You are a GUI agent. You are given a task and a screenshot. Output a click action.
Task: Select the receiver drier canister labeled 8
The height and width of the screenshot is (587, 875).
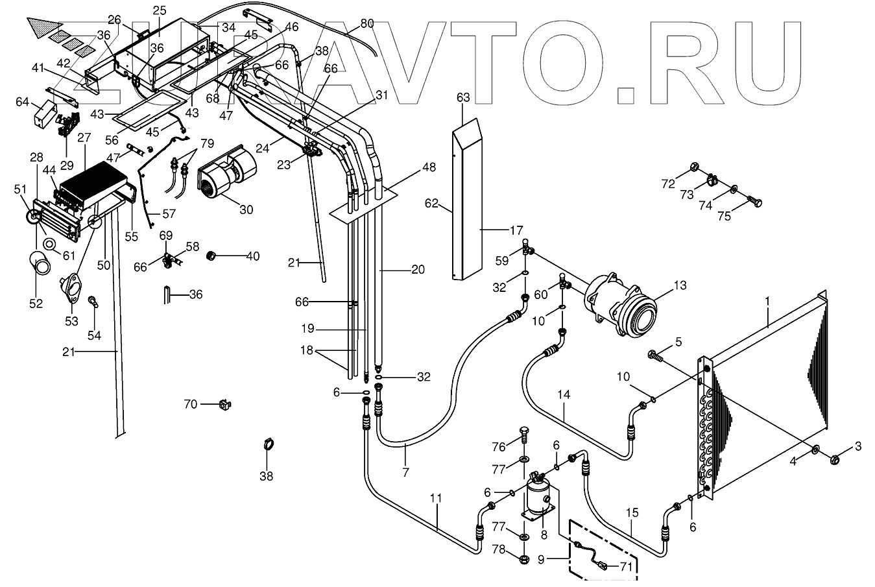click(537, 498)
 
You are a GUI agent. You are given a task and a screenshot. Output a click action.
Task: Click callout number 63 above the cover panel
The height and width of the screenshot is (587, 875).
click(462, 98)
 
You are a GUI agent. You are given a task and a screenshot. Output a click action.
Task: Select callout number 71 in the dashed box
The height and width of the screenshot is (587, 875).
click(625, 566)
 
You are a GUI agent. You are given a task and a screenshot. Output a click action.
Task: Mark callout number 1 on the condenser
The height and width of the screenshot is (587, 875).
click(767, 301)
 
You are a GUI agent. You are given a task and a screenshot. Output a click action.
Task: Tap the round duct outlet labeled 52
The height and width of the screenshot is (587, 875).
click(42, 264)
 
